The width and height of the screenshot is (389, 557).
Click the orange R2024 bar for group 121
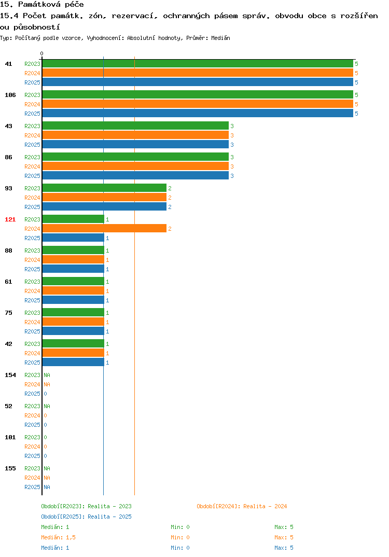pyautogui.click(x=104, y=228)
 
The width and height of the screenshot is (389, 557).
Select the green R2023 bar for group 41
pyautogui.click(x=198, y=64)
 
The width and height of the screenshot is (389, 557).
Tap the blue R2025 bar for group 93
pyautogui.click(x=104, y=207)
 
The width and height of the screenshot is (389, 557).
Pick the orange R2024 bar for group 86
pyautogui.click(x=136, y=166)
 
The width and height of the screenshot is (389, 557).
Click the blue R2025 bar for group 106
pyautogui.click(x=198, y=113)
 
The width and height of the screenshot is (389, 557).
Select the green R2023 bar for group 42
pyautogui.click(x=74, y=343)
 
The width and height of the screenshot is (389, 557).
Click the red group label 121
pyautogui.click(x=10, y=219)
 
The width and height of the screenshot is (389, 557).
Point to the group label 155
pyautogui.click(x=10, y=468)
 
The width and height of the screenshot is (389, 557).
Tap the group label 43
pyautogui.click(x=8, y=126)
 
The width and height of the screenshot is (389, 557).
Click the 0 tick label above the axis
pyautogui.click(x=41, y=53)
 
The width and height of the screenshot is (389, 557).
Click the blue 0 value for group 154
pyautogui.click(x=46, y=394)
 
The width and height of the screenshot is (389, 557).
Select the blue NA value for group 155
pyautogui.click(x=47, y=487)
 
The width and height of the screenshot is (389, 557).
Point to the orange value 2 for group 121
pyautogui.click(x=170, y=229)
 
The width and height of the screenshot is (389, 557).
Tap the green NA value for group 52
pyautogui.click(x=47, y=406)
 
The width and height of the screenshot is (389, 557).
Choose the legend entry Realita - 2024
pyautogui.click(x=242, y=506)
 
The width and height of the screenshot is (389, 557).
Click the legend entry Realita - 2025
pyautogui.click(x=86, y=517)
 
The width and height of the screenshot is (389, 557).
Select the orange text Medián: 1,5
pyautogui.click(x=58, y=537)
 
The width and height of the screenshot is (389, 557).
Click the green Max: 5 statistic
pyautogui.click(x=284, y=527)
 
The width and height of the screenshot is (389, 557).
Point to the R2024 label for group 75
pyautogui.click(x=32, y=322)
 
